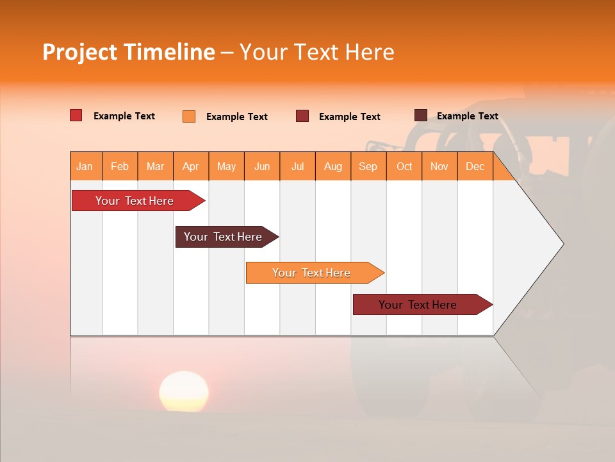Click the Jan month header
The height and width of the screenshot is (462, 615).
[85, 166]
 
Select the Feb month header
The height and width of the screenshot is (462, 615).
[120, 166]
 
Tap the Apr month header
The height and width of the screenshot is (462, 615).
[191, 166]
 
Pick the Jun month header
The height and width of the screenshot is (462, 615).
[262, 166]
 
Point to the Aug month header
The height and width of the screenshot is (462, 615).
[333, 166]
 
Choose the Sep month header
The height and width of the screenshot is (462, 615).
[368, 166]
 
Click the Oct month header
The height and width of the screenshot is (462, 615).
[404, 166]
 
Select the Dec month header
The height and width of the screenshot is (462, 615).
[475, 166]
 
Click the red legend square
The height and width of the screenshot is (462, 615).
[76, 116]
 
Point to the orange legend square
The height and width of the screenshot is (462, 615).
[189, 116]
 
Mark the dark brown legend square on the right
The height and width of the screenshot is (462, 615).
[421, 116]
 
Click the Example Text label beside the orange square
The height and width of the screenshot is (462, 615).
[237, 117]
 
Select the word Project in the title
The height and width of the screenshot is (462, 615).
[80, 52]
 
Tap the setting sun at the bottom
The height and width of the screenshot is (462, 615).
[184, 391]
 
